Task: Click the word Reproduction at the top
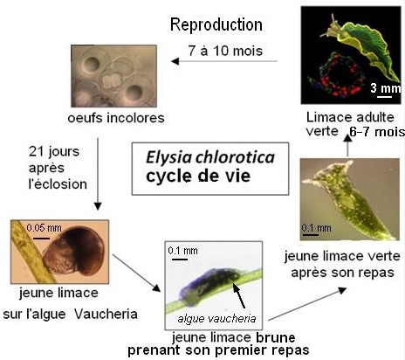coord(216,25)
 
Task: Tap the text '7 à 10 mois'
coord(225,51)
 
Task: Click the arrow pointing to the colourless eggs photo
coord(224,61)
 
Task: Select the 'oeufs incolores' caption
coord(116,118)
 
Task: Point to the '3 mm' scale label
coord(385,87)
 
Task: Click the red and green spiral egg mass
coord(339,75)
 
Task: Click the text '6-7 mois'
coord(377,132)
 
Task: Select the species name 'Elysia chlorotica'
coord(210,157)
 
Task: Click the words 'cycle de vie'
coord(198,176)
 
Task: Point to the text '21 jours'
coord(54,151)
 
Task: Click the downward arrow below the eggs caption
coord(98,174)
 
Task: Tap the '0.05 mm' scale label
coord(44,228)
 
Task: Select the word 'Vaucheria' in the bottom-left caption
coord(106,315)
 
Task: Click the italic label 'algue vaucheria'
coord(216,319)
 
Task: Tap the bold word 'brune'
coord(276,338)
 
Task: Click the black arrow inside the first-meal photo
coord(239,295)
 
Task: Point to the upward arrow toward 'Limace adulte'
coord(347,146)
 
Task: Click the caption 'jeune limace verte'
coord(342,257)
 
